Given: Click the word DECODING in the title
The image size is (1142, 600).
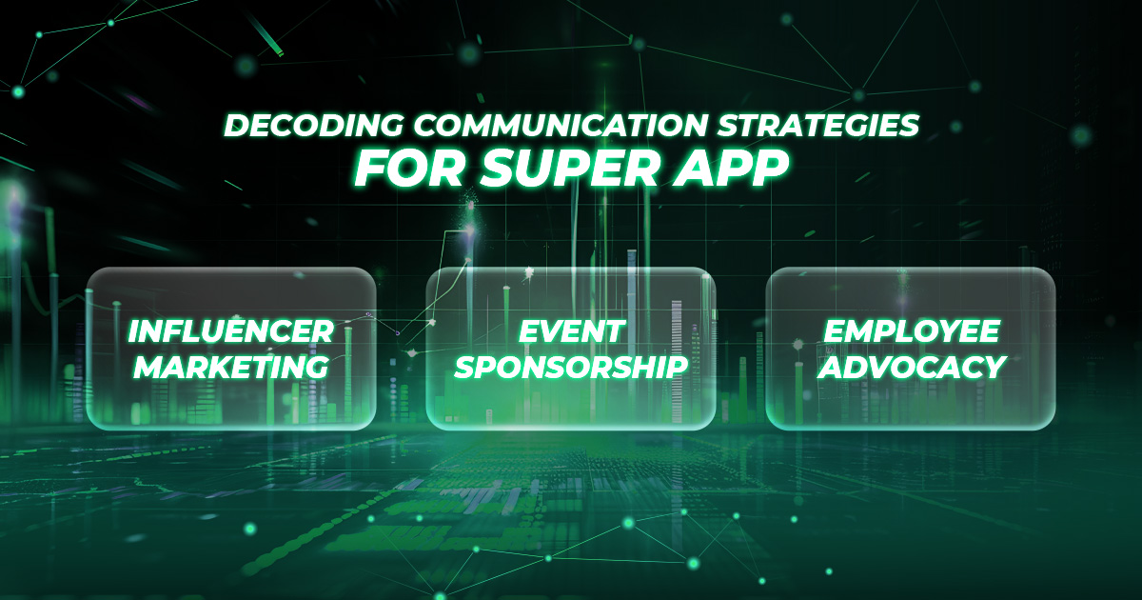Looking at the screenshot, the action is click(314, 125).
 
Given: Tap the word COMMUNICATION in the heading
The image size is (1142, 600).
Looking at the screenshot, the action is click(561, 125).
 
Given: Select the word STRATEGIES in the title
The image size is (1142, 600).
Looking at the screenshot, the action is click(818, 125).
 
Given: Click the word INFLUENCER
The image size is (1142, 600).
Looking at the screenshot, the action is click(231, 331).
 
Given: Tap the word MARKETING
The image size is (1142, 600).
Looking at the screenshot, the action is click(231, 367).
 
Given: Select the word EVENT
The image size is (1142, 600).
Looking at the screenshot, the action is click(572, 331).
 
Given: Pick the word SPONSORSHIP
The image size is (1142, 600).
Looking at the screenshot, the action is click(572, 367).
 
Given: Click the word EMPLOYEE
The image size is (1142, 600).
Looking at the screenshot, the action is click(912, 331).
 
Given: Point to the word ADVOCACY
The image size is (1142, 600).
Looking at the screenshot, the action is click(912, 367).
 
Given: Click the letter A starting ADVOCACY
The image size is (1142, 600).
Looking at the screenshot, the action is click(832, 367).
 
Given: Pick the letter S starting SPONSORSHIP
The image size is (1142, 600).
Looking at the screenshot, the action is click(466, 367).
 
